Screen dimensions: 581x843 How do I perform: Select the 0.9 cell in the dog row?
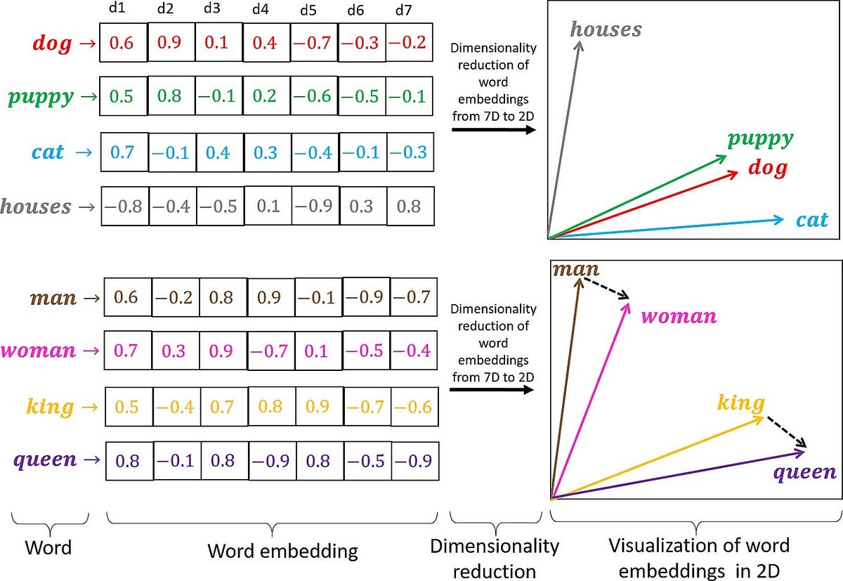(171, 43)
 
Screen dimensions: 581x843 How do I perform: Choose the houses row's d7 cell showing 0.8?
(410, 207)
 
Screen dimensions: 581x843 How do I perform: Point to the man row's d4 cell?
(270, 297)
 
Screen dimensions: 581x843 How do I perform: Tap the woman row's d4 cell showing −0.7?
(270, 351)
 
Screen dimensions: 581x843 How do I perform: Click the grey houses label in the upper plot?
(606, 29)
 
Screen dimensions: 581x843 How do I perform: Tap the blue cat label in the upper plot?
(811, 220)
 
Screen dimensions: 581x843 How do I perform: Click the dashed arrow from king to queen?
(785, 431)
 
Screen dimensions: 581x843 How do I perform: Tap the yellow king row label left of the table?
(50, 406)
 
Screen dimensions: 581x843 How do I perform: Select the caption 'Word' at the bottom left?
(48, 547)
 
